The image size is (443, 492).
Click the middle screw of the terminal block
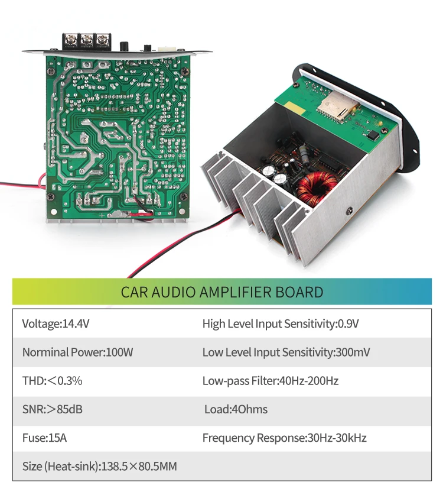click(x=87, y=40)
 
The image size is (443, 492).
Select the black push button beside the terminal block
click(x=125, y=46)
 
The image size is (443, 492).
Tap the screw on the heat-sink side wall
click(x=349, y=211)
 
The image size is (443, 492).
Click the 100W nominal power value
click(x=119, y=352)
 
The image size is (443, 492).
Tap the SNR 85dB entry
click(x=53, y=409)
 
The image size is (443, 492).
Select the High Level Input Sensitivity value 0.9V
click(x=348, y=323)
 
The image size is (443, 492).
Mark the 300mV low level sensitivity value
click(x=353, y=352)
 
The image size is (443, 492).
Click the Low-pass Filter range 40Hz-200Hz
click(x=308, y=381)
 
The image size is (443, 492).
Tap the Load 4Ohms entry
click(x=248, y=409)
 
